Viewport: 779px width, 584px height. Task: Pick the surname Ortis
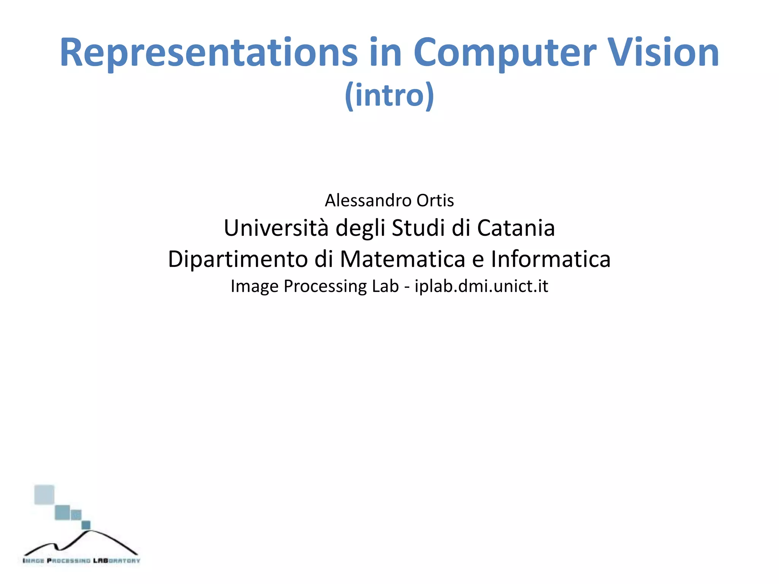coord(435,200)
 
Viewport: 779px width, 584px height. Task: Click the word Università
coord(276,228)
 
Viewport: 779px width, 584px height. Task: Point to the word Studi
coord(418,228)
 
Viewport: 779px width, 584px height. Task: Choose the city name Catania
coord(516,228)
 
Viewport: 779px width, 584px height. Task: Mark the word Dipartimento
coord(238,259)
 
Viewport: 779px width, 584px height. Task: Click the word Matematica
coord(402,259)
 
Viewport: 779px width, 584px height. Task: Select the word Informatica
coord(550,259)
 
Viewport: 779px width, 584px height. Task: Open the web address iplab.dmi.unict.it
coord(481,286)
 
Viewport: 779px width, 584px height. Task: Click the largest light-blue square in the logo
coord(44,494)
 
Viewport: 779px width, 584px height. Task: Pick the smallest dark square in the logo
coord(86,525)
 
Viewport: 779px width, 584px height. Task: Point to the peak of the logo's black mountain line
coord(91,531)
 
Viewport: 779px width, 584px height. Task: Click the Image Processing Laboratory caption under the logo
coord(81,560)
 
